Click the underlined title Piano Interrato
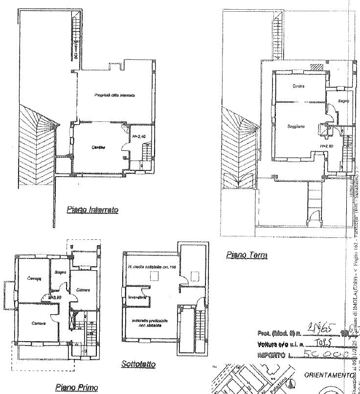point(92,210)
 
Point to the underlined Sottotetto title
point(138,365)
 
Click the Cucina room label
point(299,87)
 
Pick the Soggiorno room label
point(296,126)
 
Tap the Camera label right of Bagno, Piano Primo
point(82,290)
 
